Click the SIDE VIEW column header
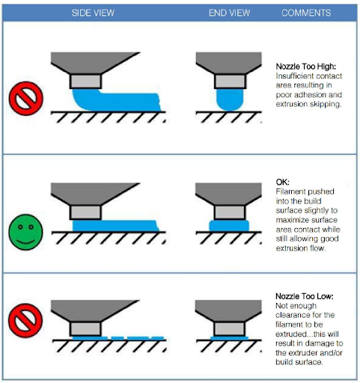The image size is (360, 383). [x=93, y=13]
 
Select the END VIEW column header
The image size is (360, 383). [x=229, y=13]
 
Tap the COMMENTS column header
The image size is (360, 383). [x=306, y=13]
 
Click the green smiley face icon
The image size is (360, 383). [x=25, y=232]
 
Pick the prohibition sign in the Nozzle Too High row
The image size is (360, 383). [x=26, y=98]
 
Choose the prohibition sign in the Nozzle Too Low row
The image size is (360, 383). [x=25, y=320]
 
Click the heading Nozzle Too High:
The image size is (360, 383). [x=306, y=67]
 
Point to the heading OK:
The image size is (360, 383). [x=282, y=182]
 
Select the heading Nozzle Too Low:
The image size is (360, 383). [x=305, y=296]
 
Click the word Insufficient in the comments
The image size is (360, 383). [x=291, y=76]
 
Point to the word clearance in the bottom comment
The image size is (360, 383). [x=293, y=315]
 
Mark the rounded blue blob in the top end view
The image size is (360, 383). [x=230, y=99]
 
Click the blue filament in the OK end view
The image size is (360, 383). [x=229, y=226]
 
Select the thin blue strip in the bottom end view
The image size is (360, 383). [x=230, y=338]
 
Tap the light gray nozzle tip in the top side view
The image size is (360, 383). [x=85, y=82]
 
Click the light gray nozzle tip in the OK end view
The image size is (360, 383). [x=230, y=212]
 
